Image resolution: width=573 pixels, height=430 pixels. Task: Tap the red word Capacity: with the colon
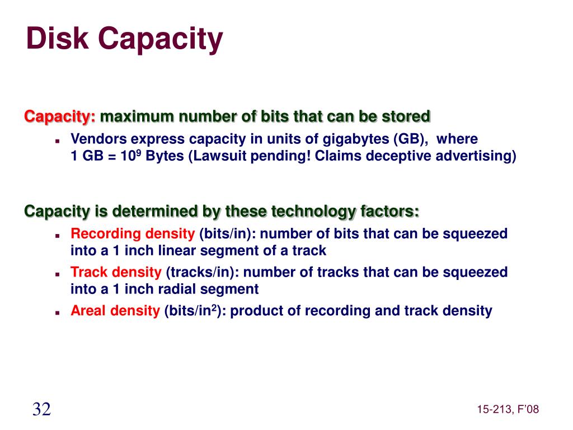(x=60, y=117)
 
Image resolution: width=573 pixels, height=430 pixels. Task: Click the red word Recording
(x=105, y=233)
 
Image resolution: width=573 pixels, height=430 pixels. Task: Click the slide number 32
(x=41, y=409)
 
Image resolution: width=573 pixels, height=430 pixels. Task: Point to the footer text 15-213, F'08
(x=508, y=410)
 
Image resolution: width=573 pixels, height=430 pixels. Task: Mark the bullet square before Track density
(x=58, y=274)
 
